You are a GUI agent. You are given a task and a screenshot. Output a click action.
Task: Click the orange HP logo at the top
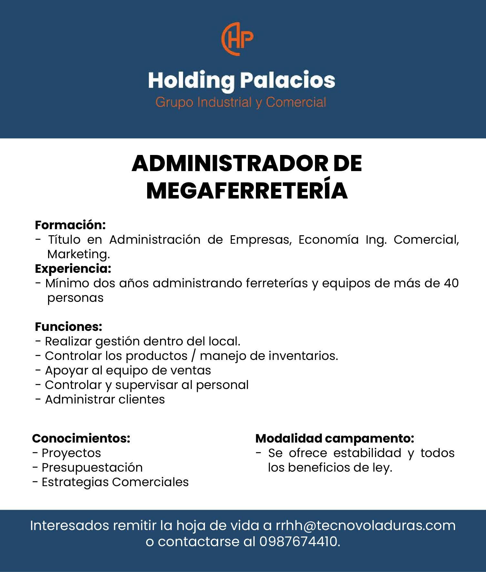(x=238, y=39)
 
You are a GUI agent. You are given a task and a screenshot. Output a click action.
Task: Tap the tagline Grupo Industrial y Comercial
(x=241, y=102)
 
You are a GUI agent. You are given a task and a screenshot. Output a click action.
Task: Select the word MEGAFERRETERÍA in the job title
(x=247, y=191)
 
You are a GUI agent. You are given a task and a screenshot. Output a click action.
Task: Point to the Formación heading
(x=70, y=225)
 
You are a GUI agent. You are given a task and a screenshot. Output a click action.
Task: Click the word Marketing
(x=78, y=254)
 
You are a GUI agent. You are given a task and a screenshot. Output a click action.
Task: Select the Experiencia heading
(x=73, y=269)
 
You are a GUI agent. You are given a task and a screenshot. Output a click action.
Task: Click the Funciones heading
(x=68, y=327)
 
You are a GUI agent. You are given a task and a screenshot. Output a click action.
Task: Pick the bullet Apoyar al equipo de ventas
(x=128, y=370)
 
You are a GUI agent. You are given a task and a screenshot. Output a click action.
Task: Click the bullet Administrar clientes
(x=105, y=399)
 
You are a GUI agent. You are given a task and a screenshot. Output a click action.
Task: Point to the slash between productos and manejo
(x=193, y=356)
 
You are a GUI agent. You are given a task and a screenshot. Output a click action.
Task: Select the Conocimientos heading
(x=81, y=438)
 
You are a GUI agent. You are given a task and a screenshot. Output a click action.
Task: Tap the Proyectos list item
(x=71, y=453)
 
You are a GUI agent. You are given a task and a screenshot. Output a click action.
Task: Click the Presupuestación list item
(x=92, y=467)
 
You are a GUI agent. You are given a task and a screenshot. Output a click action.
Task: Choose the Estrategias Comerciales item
(x=115, y=482)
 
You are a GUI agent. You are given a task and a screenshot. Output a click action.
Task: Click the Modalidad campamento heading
(x=334, y=438)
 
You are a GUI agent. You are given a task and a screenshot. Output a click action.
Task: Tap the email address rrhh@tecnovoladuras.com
(x=365, y=526)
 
